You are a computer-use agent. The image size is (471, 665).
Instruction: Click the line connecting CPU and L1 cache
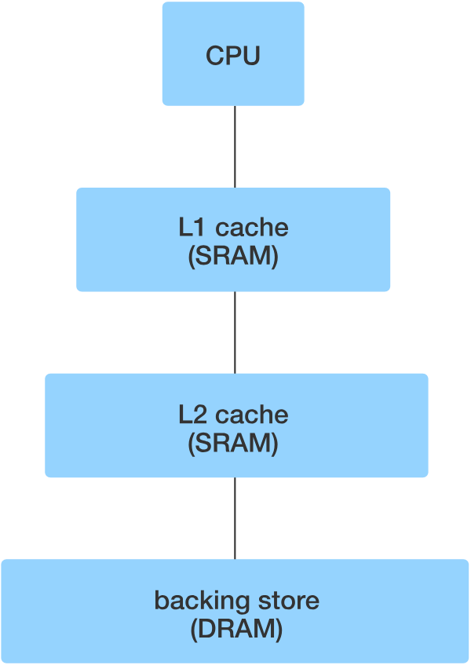(235, 147)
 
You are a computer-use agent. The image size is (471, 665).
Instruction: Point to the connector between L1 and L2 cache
(235, 332)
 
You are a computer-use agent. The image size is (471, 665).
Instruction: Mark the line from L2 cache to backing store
(235, 518)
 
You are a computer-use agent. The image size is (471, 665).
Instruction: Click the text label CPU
(233, 57)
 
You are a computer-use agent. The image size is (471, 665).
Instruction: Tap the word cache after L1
(252, 228)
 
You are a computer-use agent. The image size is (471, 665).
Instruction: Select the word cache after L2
(252, 415)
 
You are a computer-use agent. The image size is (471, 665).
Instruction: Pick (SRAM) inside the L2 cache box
(233, 444)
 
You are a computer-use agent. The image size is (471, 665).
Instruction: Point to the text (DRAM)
(235, 630)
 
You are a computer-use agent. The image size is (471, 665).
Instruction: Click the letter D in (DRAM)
(205, 630)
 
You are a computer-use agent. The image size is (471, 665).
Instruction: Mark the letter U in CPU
(250, 57)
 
